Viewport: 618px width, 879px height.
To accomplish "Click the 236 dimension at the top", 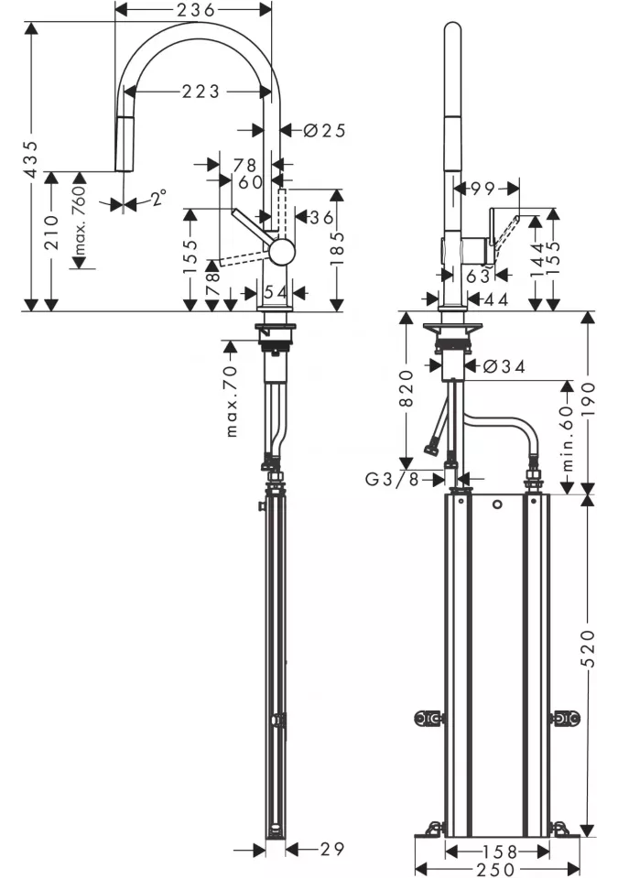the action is (x=195, y=9).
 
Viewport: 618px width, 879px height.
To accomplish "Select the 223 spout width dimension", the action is (x=201, y=91).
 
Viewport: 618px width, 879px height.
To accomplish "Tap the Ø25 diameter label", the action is (x=325, y=131).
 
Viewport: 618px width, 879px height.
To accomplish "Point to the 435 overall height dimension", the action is (x=33, y=159).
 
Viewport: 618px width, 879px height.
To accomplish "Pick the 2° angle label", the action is (x=158, y=198).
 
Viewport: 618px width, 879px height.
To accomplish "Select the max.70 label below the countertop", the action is (x=233, y=401).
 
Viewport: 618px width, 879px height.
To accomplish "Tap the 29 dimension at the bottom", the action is (x=332, y=850).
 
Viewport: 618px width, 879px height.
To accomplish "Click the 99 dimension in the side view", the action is (x=482, y=189).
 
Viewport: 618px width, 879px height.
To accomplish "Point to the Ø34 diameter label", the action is (x=504, y=366).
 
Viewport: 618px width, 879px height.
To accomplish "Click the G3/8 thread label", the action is (x=392, y=479).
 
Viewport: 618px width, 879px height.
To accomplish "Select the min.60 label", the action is (x=567, y=439).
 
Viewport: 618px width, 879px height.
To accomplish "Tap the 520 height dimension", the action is (x=587, y=648).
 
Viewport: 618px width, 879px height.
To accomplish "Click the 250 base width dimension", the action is (x=495, y=870).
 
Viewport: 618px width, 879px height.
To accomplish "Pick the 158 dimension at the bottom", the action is (x=499, y=852).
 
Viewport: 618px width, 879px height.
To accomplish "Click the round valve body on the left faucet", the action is (x=281, y=251).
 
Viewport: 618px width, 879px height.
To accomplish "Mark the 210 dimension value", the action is (x=51, y=232).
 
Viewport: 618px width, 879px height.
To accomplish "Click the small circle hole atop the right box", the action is (x=497, y=505).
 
